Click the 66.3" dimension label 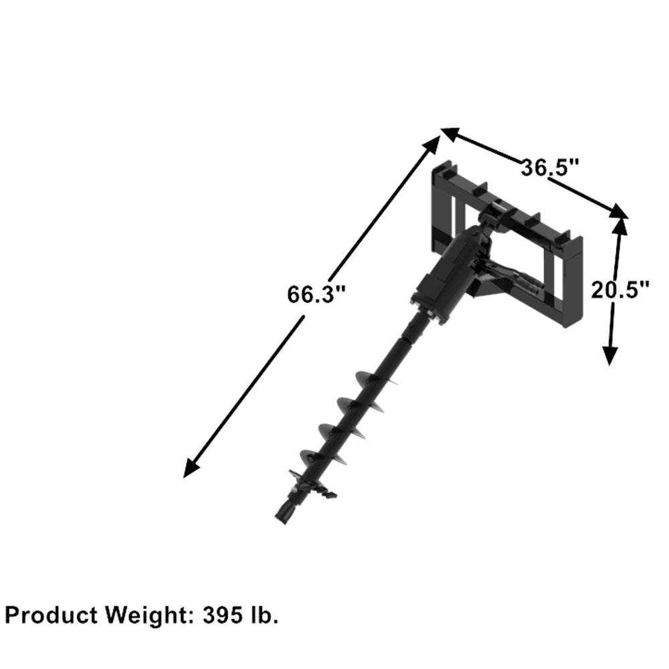[316, 294]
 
